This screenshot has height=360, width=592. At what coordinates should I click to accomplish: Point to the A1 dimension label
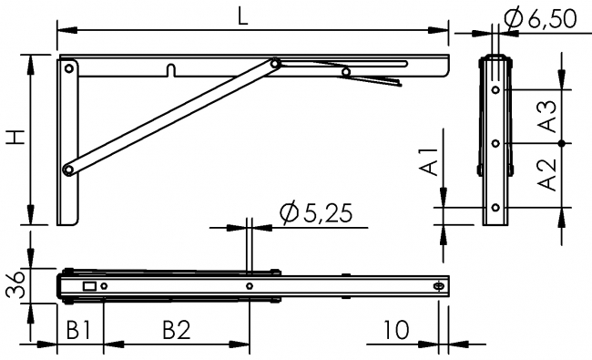[435, 161]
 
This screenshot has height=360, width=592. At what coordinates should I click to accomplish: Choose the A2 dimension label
[547, 173]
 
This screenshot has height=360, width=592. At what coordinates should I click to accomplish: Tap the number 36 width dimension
[14, 286]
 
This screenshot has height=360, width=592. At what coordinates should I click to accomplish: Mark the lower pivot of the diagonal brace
[67, 170]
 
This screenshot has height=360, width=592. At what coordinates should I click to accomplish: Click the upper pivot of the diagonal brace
[275, 64]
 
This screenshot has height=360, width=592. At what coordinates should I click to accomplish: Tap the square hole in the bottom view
[89, 286]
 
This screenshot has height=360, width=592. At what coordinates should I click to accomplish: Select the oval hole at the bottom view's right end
[440, 286]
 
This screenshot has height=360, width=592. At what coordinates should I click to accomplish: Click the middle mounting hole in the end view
[495, 144]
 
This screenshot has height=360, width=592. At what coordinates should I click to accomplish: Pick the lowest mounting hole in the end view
[495, 207]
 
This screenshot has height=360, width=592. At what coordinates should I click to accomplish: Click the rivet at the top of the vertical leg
[69, 67]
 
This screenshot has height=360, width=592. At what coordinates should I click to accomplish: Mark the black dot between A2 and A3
[564, 144]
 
